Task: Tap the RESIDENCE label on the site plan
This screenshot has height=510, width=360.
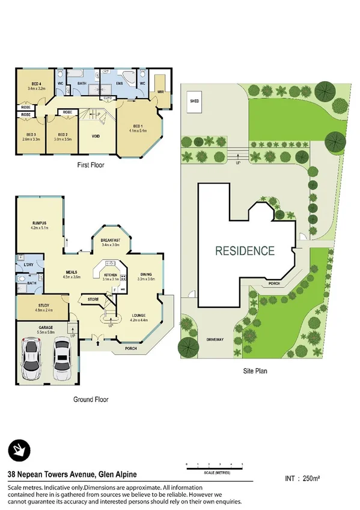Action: pyautogui.click(x=245, y=251)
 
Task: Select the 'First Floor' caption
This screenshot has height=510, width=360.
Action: pyautogui.click(x=90, y=164)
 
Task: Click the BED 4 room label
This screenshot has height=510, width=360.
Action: pyautogui.click(x=36, y=86)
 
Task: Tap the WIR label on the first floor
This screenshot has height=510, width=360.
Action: pyautogui.click(x=160, y=92)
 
